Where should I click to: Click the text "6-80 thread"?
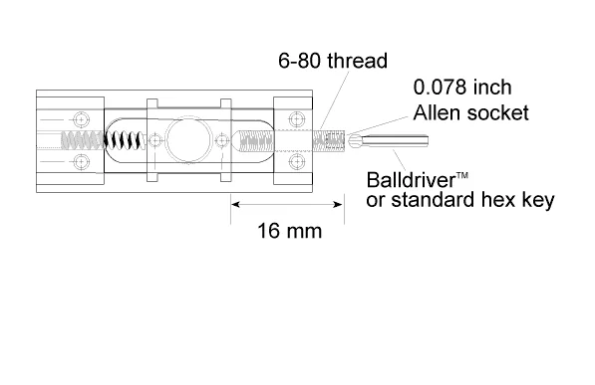click(333, 61)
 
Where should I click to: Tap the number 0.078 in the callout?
click(440, 88)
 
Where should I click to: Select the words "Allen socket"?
click(470, 112)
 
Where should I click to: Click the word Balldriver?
click(411, 180)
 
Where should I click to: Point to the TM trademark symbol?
click(461, 175)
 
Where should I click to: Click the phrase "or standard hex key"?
click(460, 200)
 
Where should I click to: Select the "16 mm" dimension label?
click(290, 231)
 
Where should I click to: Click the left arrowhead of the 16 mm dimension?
click(235, 205)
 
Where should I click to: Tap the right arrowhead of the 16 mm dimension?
click(338, 205)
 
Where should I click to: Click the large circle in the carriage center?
click(188, 140)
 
